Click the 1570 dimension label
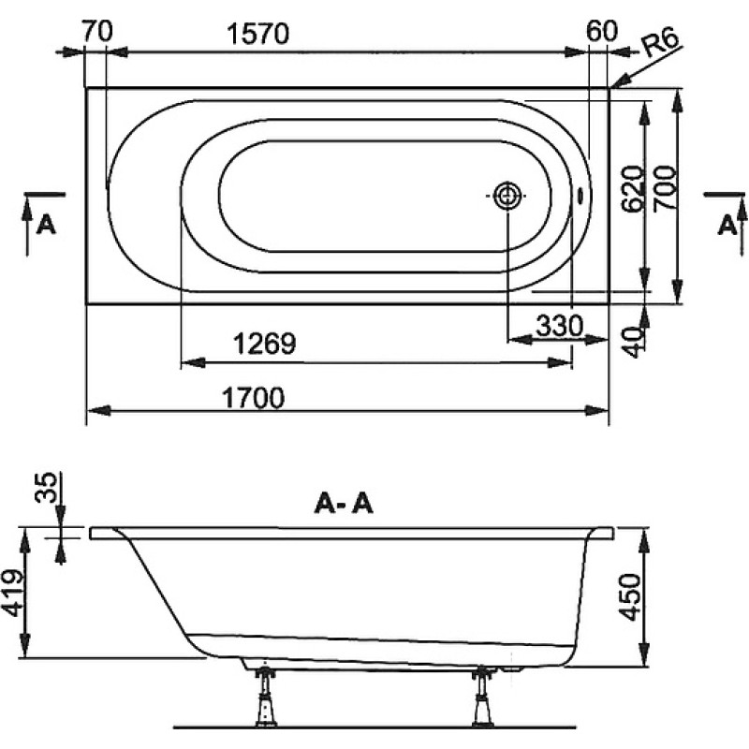click(258, 34)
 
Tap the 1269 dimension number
click(265, 343)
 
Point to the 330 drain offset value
click(559, 326)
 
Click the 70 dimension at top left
click(97, 31)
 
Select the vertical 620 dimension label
click(631, 189)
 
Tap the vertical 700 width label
click(665, 188)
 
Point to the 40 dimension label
click(633, 342)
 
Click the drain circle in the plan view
click(507, 196)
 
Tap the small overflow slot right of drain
click(580, 195)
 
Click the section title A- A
click(344, 504)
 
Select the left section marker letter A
click(46, 224)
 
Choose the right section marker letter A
click(727, 225)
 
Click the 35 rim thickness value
click(46, 488)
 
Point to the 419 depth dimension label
click(12, 593)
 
